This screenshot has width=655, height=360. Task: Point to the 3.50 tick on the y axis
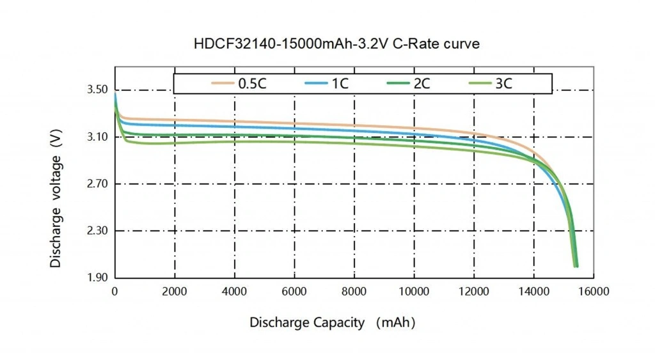(x=98, y=90)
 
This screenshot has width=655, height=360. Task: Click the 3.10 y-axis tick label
(x=98, y=137)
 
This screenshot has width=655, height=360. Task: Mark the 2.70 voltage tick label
(x=98, y=184)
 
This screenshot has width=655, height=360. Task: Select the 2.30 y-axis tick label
(x=98, y=231)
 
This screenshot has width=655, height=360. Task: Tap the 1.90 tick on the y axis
(x=98, y=278)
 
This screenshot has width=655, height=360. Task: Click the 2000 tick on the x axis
(x=175, y=292)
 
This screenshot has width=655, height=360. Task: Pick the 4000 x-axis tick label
(x=235, y=292)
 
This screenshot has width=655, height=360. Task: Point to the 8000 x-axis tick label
(x=354, y=292)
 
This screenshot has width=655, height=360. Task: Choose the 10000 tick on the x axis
(x=414, y=292)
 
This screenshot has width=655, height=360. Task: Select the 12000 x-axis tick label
(x=474, y=292)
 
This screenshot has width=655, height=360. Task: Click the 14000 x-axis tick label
(x=533, y=292)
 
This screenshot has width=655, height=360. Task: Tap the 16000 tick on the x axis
(x=594, y=292)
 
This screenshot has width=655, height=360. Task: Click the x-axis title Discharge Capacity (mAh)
(x=332, y=323)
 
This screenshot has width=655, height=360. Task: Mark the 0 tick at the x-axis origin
(x=115, y=292)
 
